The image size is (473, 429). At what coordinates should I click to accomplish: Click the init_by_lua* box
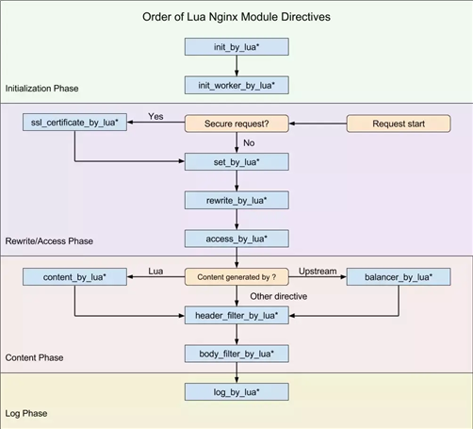click(236, 47)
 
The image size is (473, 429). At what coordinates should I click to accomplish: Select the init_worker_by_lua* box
click(236, 85)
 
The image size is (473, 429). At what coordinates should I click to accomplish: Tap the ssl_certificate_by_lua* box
click(74, 123)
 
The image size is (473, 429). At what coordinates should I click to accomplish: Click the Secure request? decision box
click(236, 124)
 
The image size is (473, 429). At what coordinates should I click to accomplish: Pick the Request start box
click(399, 124)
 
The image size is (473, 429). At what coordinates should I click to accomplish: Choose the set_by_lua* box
click(236, 162)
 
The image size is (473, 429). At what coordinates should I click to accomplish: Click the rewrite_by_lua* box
click(236, 200)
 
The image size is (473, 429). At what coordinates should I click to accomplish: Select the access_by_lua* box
click(236, 239)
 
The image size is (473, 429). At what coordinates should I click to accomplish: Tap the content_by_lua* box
click(74, 277)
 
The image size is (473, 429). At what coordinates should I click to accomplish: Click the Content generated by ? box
click(236, 277)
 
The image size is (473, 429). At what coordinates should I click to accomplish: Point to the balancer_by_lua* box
click(399, 277)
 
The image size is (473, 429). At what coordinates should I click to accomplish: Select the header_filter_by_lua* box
click(236, 315)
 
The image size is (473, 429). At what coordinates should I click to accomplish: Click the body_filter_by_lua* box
click(236, 354)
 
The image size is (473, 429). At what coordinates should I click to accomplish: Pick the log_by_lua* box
click(236, 392)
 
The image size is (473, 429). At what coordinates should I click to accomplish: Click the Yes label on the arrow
click(155, 116)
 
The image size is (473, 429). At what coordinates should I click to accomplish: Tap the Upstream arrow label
click(318, 272)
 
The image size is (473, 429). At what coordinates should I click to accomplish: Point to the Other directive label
click(279, 296)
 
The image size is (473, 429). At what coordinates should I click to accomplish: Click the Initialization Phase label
click(41, 89)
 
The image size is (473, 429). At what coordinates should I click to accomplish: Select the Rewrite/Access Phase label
click(49, 241)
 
